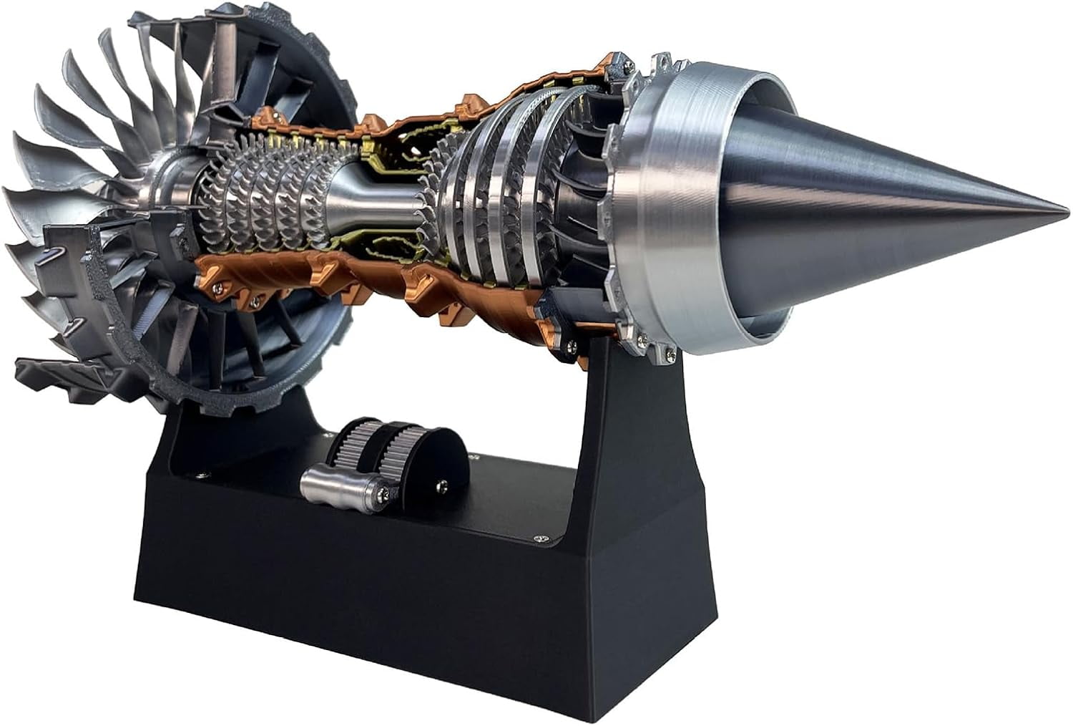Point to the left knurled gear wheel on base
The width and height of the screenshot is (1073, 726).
coord(354,447)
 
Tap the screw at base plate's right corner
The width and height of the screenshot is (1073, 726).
coord(542,536)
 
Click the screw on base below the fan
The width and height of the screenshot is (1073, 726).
coord(202,473)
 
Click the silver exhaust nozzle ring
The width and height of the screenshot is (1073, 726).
coord(687,215)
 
